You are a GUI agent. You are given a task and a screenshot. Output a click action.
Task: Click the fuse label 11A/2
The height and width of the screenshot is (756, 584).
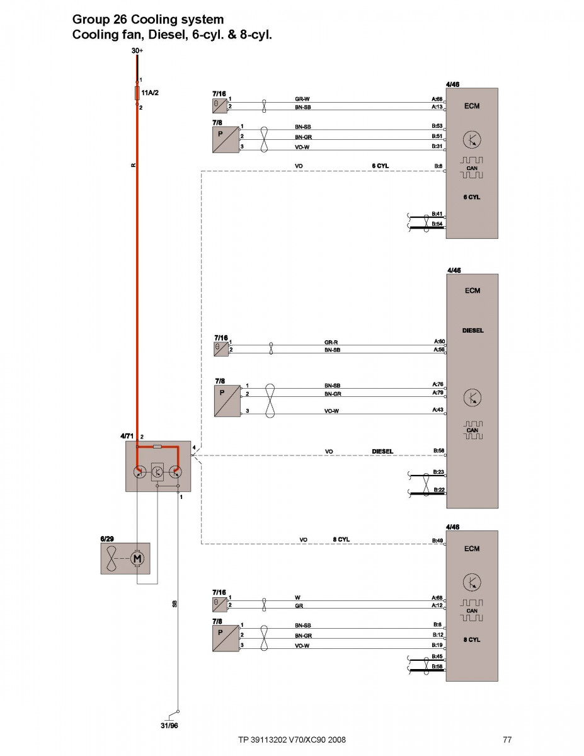150,93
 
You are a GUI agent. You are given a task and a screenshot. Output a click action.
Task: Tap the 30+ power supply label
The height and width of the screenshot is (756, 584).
137,50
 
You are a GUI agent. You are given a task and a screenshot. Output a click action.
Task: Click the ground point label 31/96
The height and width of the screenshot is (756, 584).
169,725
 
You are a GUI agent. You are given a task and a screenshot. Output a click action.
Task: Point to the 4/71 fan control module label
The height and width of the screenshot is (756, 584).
127,436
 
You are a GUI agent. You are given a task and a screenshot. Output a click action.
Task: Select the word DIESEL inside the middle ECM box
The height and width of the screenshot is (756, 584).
472,330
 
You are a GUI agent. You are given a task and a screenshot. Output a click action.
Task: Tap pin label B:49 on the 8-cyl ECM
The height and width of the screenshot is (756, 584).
437,540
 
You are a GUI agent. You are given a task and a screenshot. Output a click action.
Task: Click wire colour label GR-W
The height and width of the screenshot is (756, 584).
302,99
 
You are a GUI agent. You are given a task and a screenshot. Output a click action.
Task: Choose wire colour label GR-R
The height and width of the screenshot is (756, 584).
332,342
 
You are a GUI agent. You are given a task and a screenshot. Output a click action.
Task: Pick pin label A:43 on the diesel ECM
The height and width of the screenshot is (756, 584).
438,409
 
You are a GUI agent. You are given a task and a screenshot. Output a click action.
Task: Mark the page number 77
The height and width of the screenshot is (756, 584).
507,739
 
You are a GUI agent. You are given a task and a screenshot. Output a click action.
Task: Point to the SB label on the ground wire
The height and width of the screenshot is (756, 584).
175,604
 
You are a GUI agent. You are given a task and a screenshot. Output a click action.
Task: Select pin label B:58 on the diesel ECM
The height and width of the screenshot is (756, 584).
438,450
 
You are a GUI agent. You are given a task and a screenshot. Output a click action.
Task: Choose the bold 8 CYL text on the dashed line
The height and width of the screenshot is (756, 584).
341,540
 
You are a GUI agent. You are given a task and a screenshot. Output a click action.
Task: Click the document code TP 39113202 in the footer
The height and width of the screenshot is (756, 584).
266,739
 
